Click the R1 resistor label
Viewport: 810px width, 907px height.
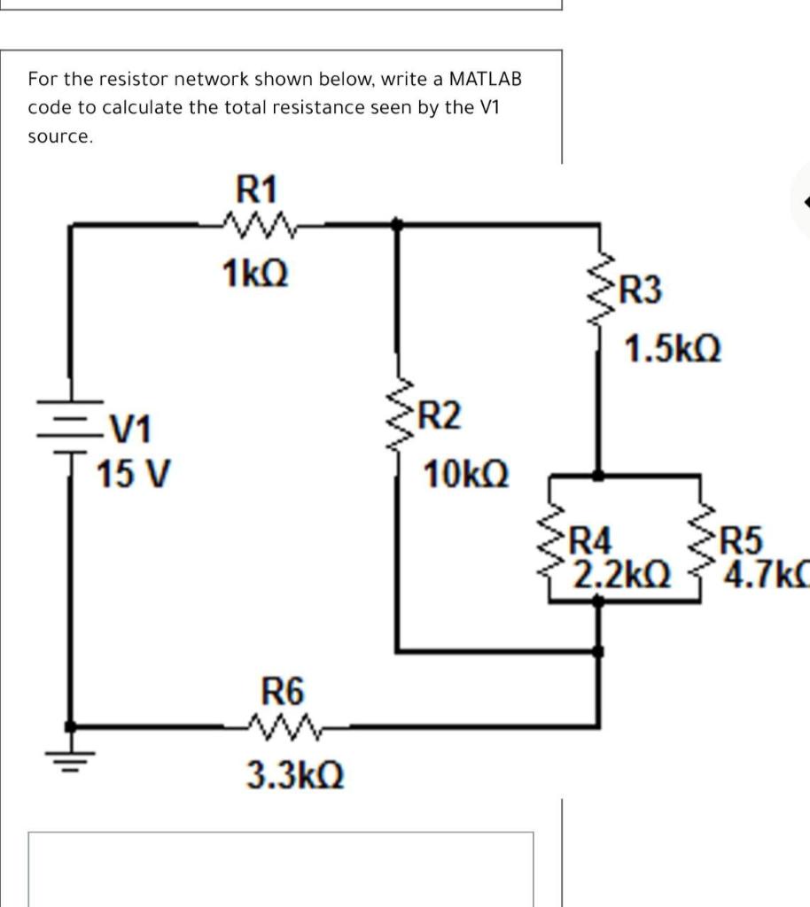pyautogui.click(x=257, y=190)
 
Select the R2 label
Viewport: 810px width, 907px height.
pyautogui.click(x=440, y=415)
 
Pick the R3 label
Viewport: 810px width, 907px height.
pyautogui.click(x=641, y=290)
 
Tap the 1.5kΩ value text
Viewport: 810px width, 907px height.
pyautogui.click(x=673, y=348)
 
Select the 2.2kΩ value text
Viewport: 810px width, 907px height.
pyautogui.click(x=620, y=575)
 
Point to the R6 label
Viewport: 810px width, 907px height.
pyautogui.click(x=283, y=688)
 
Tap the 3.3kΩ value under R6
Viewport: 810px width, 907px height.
pyautogui.click(x=294, y=775)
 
